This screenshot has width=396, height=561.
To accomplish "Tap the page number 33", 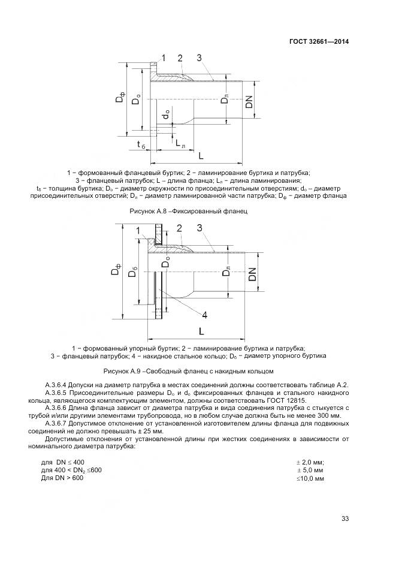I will [344, 518].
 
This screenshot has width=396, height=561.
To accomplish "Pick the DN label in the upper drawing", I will [250, 102].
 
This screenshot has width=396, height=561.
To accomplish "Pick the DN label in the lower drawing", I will [252, 274].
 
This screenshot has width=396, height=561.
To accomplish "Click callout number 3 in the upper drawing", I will [199, 58].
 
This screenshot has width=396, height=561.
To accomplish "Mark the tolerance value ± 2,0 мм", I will [310, 462].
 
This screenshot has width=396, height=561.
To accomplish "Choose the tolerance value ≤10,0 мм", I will [310, 478].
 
